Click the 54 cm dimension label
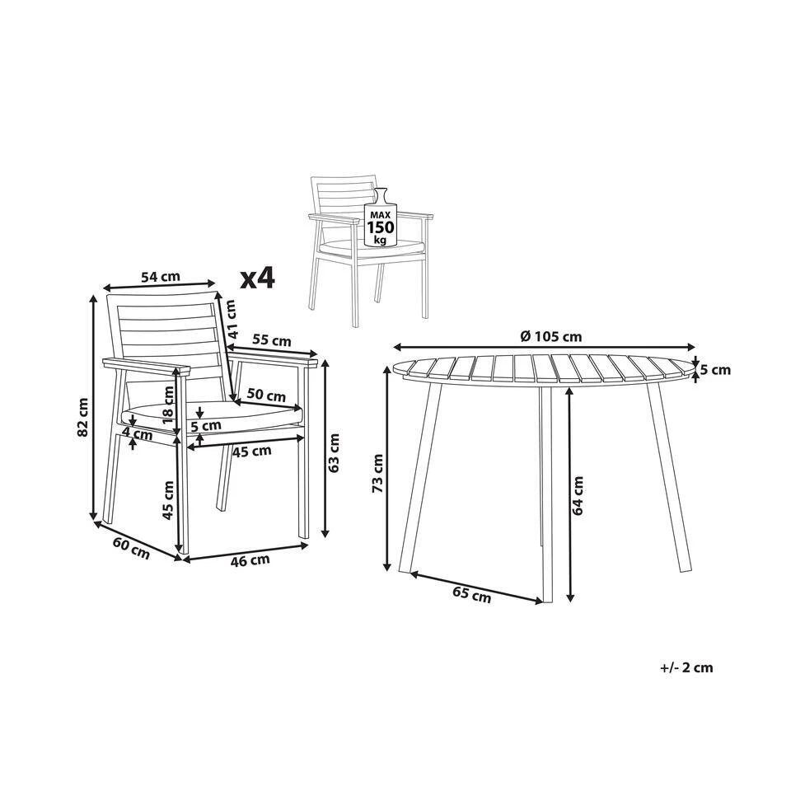pyautogui.click(x=160, y=278)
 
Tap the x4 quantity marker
pyautogui.click(x=256, y=279)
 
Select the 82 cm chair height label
pyautogui.click(x=82, y=419)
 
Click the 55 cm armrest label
pyautogui.click(x=271, y=339)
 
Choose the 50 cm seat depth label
pyautogui.click(x=265, y=395)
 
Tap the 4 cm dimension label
pyautogui.click(x=137, y=433)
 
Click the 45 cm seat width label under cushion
pyautogui.click(x=250, y=451)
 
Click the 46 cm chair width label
pyautogui.click(x=248, y=560)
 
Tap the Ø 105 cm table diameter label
pyautogui.click(x=551, y=335)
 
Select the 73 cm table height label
pyautogui.click(x=377, y=474)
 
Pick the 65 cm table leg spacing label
pyautogui.click(x=471, y=592)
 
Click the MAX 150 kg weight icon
pyautogui.click(x=380, y=220)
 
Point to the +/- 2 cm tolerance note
pyautogui.click(x=686, y=667)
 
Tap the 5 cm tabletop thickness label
pyautogui.click(x=715, y=370)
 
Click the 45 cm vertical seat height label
pyautogui.click(x=168, y=501)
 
